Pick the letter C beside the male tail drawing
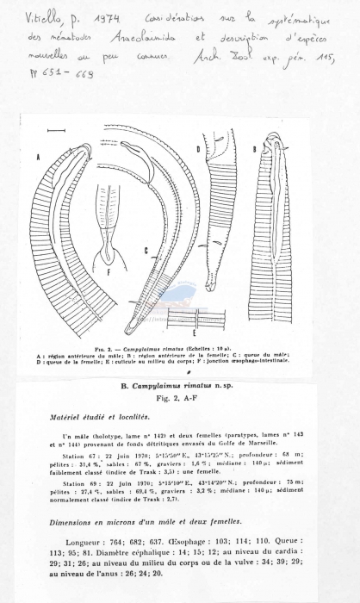(x=146, y=251)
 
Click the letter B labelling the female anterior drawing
(x=255, y=150)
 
